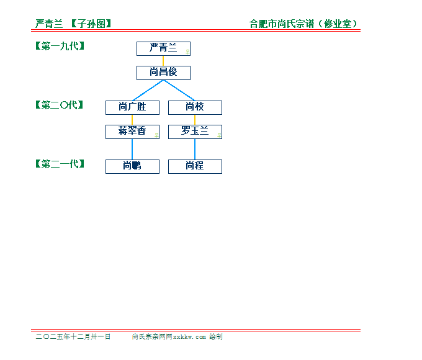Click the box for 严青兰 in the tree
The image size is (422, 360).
pos(163,48)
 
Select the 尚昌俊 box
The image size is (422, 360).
pos(163,73)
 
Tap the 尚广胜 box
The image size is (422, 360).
pos(132,107)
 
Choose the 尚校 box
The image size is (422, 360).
pos(195,107)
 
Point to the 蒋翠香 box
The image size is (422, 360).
pos(132,132)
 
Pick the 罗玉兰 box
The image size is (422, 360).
pos(195,132)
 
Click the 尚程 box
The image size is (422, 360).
pos(195,166)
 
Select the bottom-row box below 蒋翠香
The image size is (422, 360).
pos(132,166)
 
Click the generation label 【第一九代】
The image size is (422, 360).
pos(60,46)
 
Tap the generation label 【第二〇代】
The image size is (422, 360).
pos(60,105)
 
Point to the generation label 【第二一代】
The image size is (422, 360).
pos(60,164)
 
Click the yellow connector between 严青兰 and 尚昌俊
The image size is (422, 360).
pos(163,61)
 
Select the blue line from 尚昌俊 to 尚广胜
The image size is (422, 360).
pos(148,90)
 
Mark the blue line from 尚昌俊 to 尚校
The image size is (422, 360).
pos(179,90)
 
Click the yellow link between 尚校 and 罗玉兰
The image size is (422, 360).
pos(195,120)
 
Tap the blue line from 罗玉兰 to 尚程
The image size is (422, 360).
pos(195,149)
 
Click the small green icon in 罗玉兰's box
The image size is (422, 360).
pos(219,134)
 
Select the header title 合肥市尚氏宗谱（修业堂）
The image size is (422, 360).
pos(303,24)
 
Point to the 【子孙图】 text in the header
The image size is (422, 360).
pos(91,24)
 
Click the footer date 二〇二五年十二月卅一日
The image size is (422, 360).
pos(73,336)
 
